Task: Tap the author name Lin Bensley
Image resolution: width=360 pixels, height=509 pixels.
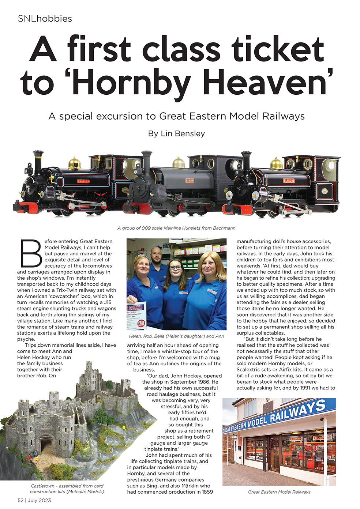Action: (176, 133)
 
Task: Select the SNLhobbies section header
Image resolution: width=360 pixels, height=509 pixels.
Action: (45, 19)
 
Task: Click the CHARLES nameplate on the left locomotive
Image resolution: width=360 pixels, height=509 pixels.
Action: (83, 181)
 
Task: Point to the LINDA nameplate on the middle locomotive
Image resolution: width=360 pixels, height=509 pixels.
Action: (190, 181)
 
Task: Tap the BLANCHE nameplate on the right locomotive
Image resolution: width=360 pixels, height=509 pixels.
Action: (289, 180)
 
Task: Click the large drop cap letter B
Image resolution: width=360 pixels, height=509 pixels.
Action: (31, 253)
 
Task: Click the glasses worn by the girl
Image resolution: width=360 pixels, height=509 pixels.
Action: (175, 268)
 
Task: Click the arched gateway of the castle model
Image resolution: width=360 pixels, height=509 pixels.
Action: (46, 445)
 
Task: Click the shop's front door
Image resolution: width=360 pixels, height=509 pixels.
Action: (274, 453)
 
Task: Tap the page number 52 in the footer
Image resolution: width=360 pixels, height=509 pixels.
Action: (21, 500)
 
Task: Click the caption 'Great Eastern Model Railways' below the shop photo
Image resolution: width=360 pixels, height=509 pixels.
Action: (279, 492)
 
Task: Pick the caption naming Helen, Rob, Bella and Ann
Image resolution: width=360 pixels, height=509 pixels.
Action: (176, 336)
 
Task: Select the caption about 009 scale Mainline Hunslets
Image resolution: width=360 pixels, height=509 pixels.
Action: (176, 228)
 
